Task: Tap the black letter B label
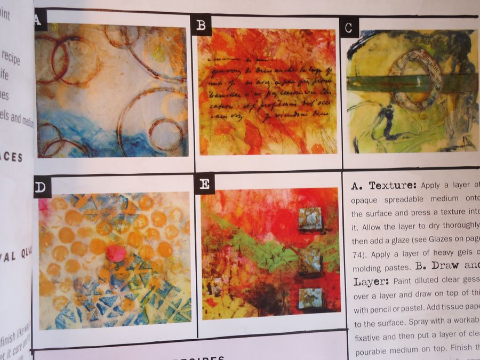[201, 25]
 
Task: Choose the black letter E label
[205, 184]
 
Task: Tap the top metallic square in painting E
[310, 219]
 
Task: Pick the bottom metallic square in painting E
[310, 298]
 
